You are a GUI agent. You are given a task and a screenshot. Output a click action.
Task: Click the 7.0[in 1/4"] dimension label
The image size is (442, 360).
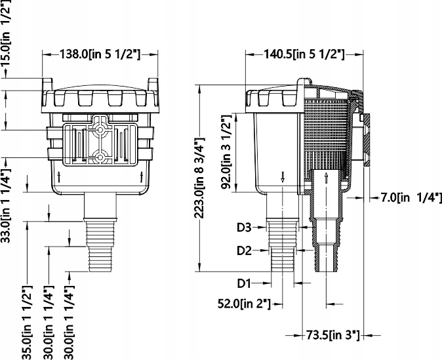click(411, 197)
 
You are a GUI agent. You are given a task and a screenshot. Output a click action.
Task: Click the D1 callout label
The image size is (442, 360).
click(244, 283)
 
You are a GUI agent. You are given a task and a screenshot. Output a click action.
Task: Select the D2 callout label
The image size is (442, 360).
click(244, 250)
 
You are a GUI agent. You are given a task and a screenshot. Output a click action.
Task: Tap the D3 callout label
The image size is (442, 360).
click(244, 228)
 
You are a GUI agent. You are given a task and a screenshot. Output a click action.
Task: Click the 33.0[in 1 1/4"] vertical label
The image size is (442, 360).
click(5, 226)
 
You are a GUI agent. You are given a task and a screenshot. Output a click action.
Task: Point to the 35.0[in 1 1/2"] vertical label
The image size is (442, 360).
click(28, 321)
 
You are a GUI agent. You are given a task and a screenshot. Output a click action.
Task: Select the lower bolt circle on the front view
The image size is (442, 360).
click(100, 157)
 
